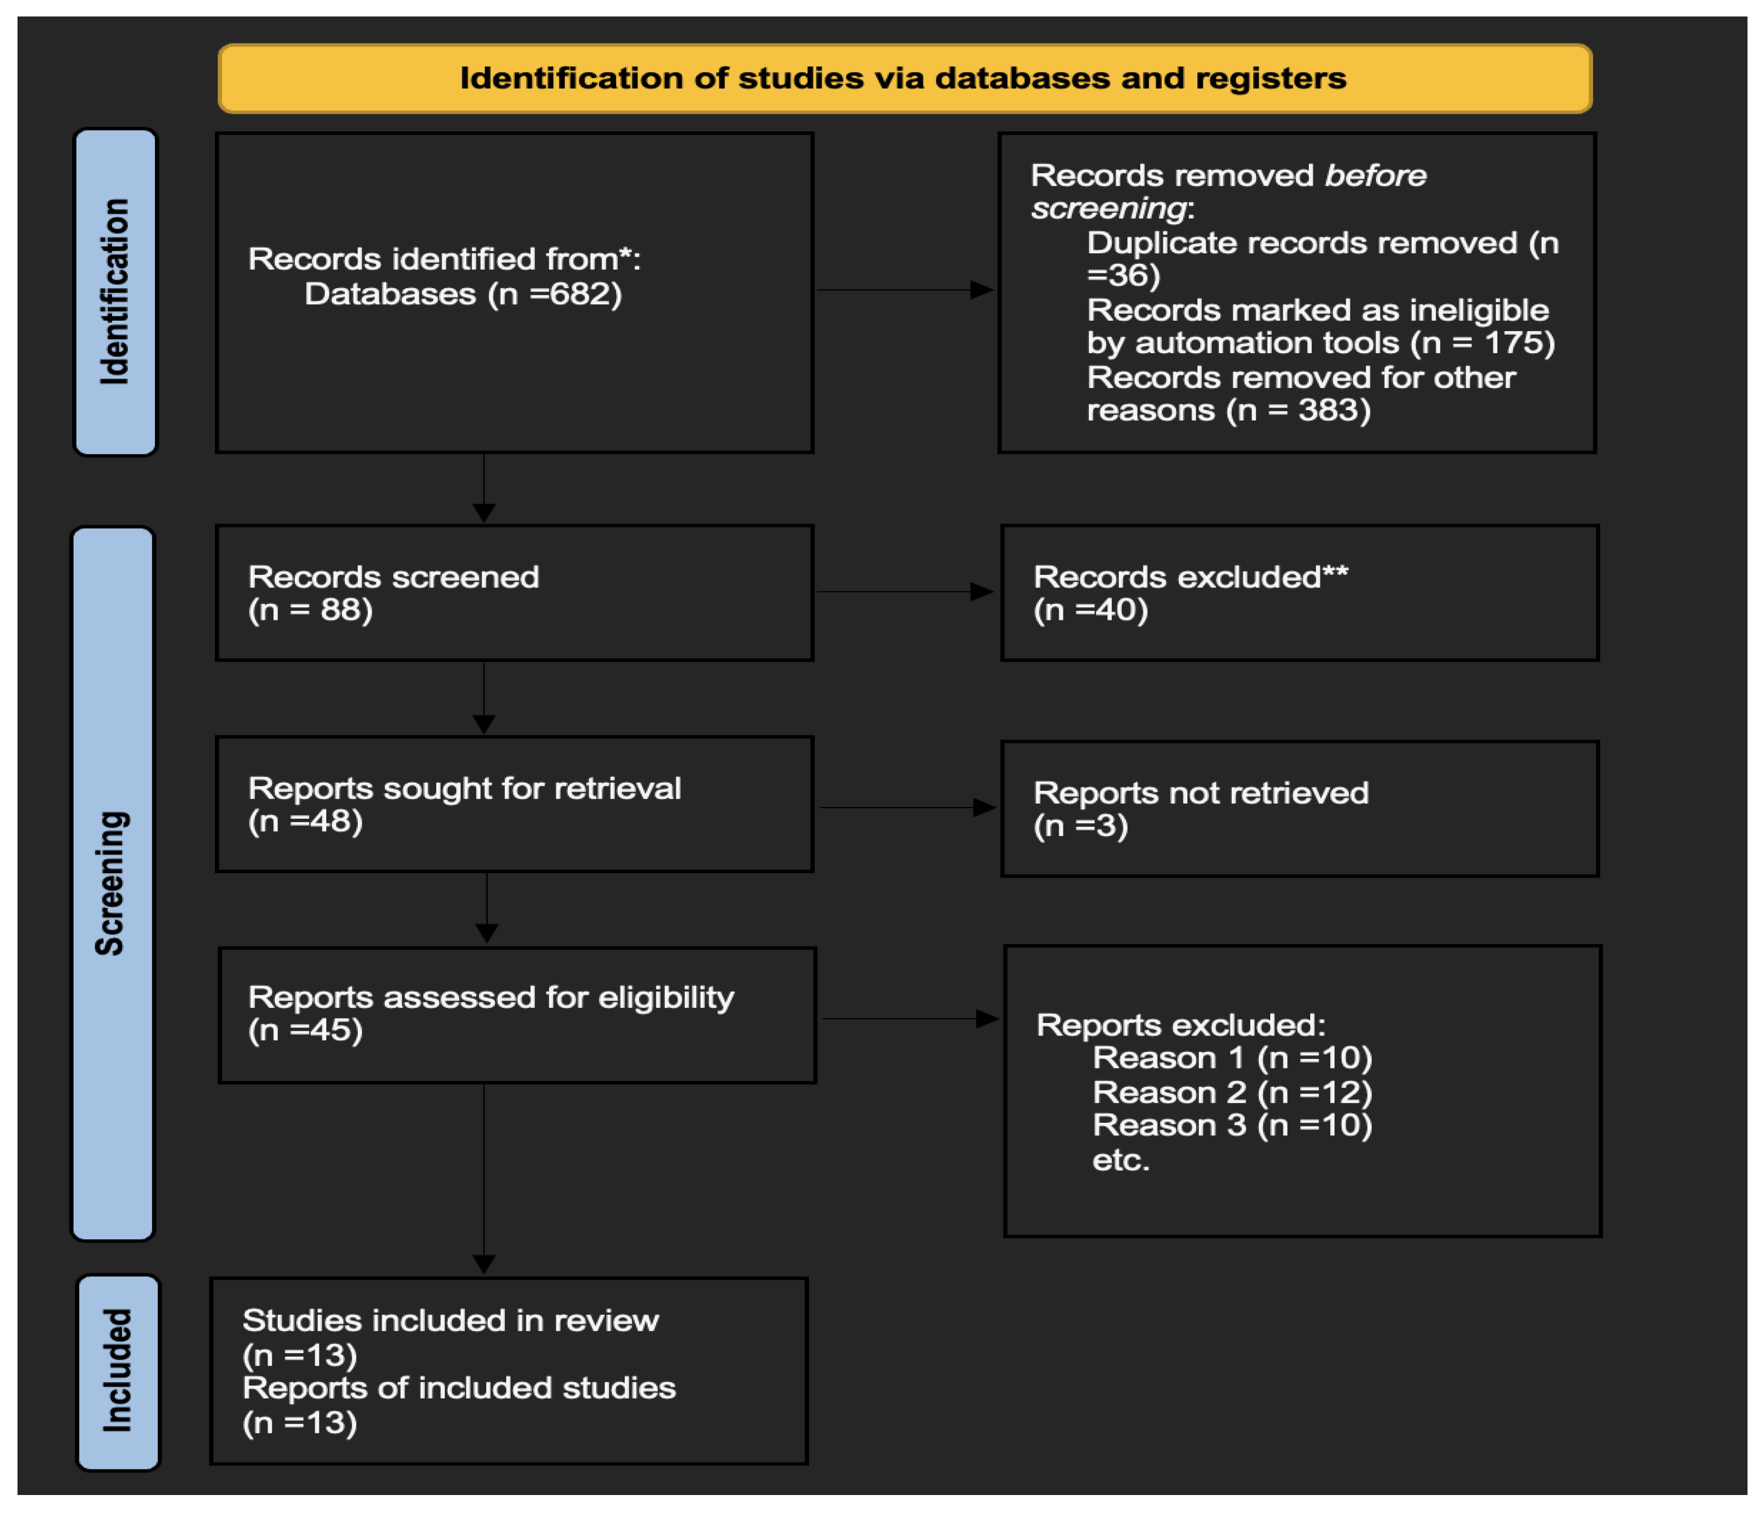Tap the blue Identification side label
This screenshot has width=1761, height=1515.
click(115, 291)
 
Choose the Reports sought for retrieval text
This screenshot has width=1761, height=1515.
click(464, 789)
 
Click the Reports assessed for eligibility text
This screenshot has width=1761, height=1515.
click(490, 998)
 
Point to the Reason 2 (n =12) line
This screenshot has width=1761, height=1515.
click(1231, 1092)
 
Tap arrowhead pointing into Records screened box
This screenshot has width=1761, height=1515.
click(484, 513)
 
